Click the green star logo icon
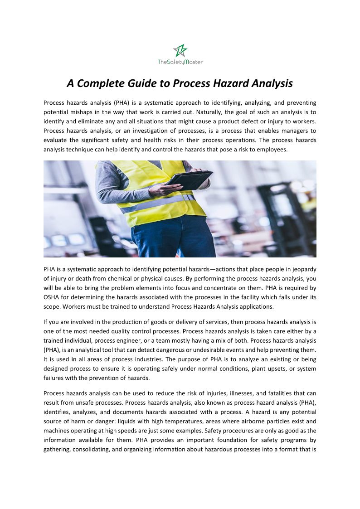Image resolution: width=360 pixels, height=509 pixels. (x=180, y=50)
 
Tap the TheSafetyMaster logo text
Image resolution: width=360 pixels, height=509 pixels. (x=180, y=62)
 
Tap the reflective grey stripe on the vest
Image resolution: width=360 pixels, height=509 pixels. (x=154, y=204)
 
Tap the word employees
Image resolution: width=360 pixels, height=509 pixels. (x=273, y=149)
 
